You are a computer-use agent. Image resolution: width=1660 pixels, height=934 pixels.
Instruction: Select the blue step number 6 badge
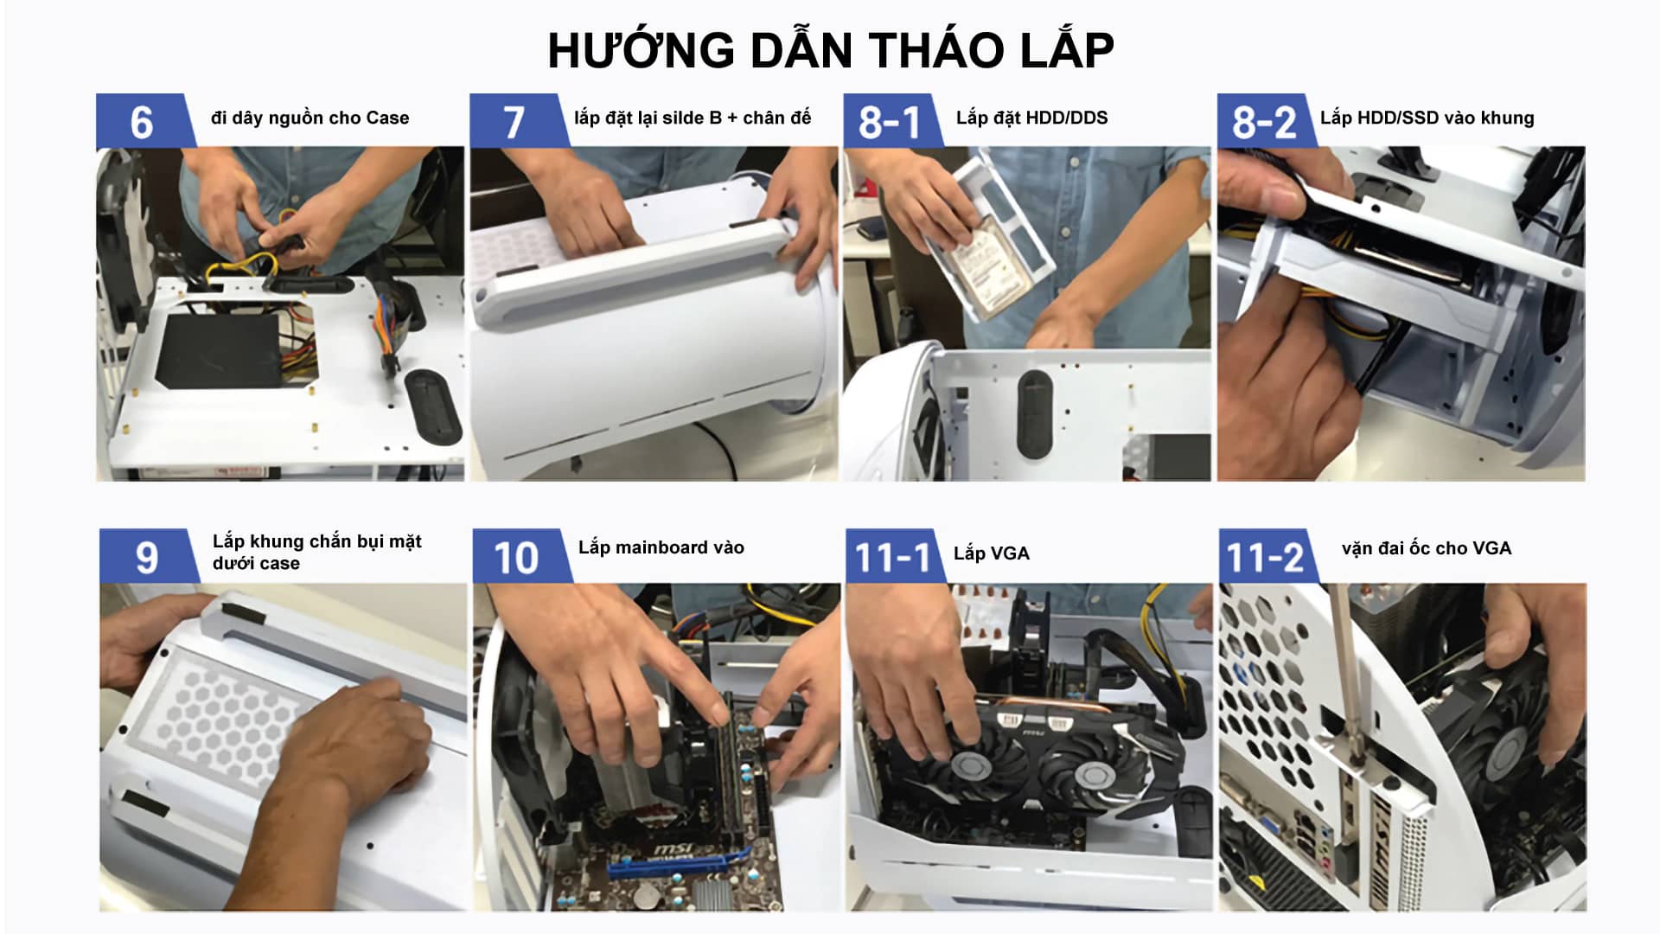pyautogui.click(x=141, y=122)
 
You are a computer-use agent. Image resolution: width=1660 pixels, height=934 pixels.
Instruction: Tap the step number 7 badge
pyautogui.click(x=514, y=122)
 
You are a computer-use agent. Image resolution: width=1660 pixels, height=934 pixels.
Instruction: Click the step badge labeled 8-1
pyautogui.click(x=889, y=122)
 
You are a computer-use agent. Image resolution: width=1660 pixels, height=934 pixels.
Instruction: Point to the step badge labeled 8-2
pyautogui.click(x=1263, y=122)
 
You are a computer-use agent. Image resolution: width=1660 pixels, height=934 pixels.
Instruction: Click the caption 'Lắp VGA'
pyautogui.click(x=991, y=553)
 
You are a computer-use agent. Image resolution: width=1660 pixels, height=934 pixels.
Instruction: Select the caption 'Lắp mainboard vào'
pyautogui.click(x=661, y=547)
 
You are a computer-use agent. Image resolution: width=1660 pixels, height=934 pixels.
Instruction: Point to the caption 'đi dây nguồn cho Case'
pyautogui.click(x=310, y=118)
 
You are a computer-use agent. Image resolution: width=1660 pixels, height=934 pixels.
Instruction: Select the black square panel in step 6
pyautogui.click(x=220, y=351)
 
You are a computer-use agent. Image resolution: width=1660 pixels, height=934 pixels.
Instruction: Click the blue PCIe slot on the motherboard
pyautogui.click(x=674, y=862)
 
